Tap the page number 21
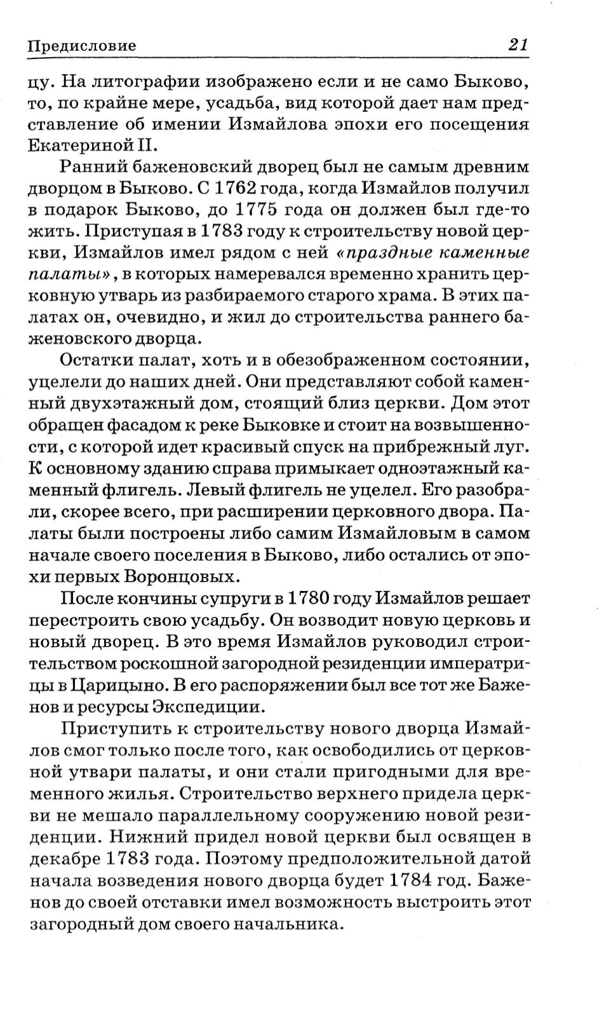[517, 45]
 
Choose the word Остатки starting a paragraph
[96, 361]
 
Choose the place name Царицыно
[121, 684]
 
